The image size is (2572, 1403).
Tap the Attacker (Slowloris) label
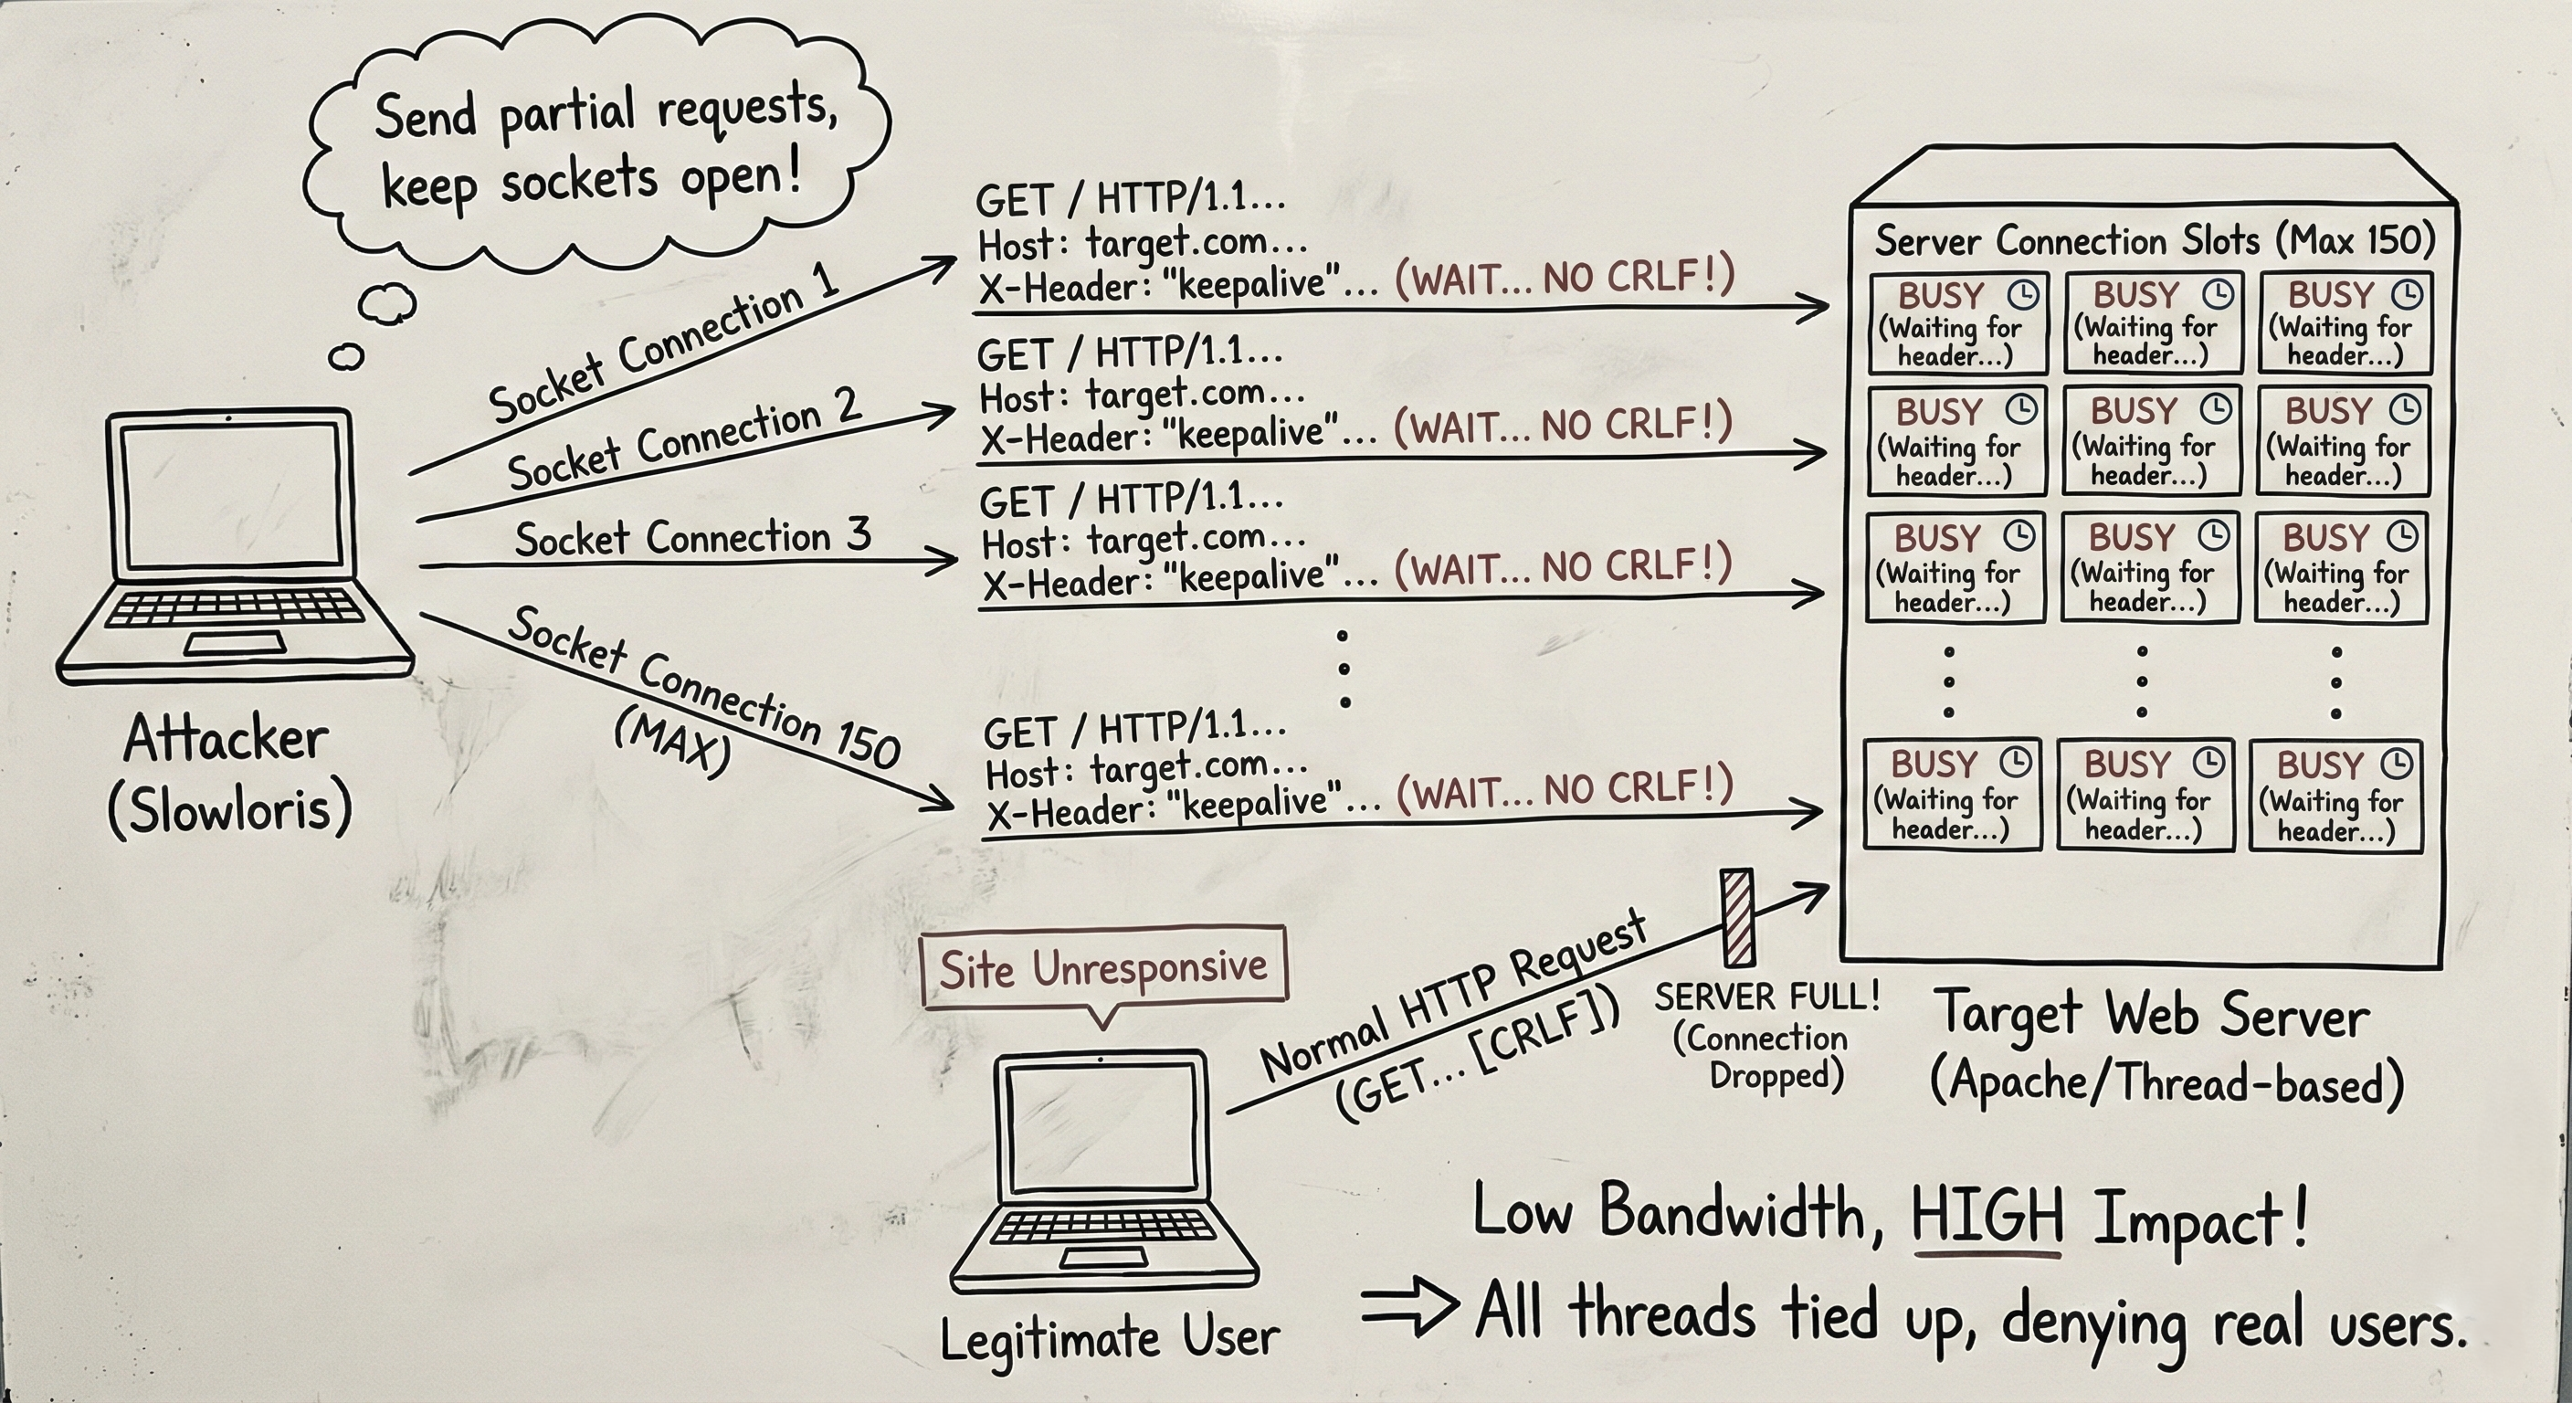click(x=228, y=774)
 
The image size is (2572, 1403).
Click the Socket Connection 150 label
click(x=705, y=687)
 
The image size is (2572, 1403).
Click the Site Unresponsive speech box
click(x=1103, y=967)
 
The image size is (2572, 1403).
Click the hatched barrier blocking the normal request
click(x=1737, y=917)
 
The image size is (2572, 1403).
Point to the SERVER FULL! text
click(x=1767, y=997)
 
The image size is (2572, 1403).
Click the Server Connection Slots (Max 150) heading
click(x=2155, y=240)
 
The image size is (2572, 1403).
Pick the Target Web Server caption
click(x=2152, y=1016)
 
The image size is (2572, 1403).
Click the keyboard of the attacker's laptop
click(x=236, y=606)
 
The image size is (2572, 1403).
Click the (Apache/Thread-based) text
click(x=2166, y=1082)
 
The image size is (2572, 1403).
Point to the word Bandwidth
click(x=1733, y=1212)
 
